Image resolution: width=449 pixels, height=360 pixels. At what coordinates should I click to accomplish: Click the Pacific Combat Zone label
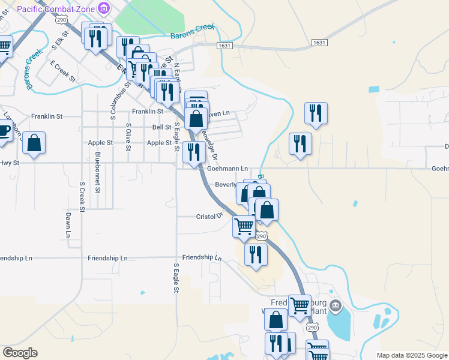point(56,9)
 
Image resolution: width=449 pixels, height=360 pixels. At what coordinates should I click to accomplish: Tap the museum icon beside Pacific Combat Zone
point(105,8)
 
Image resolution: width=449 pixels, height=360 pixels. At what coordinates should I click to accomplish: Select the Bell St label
point(161,127)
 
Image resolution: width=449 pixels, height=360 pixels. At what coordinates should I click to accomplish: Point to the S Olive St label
point(128,142)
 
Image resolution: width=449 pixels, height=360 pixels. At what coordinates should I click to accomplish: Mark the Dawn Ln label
point(68,224)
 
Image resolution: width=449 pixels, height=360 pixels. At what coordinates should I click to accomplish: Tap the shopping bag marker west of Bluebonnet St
point(34,143)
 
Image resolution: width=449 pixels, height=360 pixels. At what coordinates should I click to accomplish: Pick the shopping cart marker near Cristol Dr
point(244,226)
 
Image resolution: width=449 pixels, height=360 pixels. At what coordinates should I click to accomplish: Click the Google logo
point(19,353)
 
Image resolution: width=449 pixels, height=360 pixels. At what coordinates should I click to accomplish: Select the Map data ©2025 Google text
point(412,355)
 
